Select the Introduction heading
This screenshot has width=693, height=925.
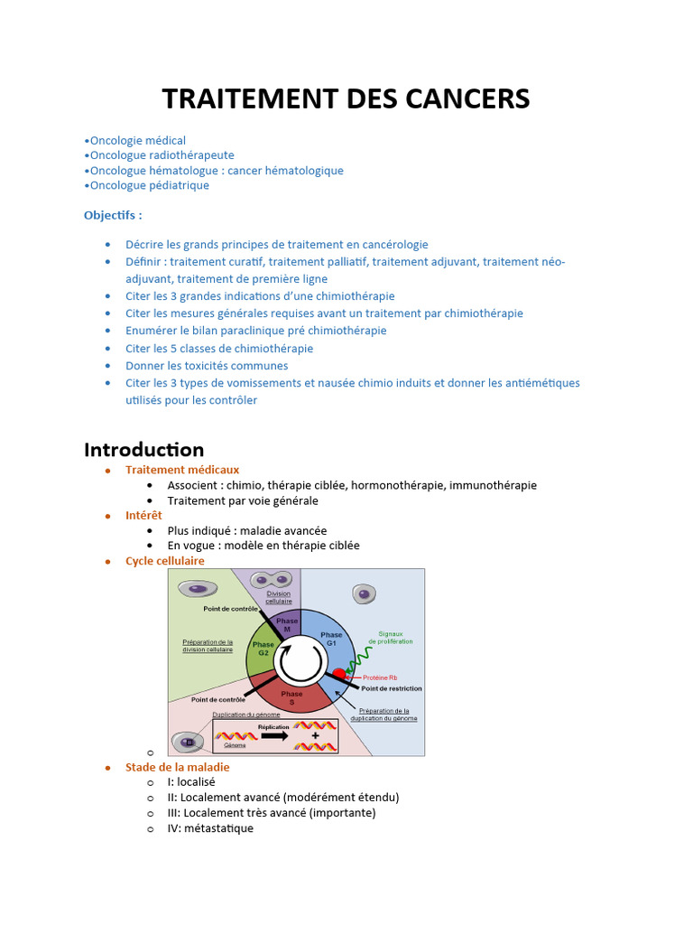(x=144, y=450)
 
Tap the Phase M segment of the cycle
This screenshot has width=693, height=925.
(x=287, y=624)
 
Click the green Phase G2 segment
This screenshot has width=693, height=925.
(x=263, y=650)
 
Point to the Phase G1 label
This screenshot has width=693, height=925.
(x=331, y=639)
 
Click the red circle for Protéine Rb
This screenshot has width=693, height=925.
(x=339, y=675)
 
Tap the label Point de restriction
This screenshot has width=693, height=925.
(x=391, y=688)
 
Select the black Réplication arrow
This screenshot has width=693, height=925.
(x=273, y=736)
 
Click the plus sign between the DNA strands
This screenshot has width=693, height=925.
(x=315, y=736)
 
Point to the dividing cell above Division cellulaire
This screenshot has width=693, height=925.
(x=273, y=580)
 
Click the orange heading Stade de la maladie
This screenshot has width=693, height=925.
(x=178, y=767)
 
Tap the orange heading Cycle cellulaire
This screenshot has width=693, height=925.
(x=165, y=561)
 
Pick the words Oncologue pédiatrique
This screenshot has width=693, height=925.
(x=150, y=185)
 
